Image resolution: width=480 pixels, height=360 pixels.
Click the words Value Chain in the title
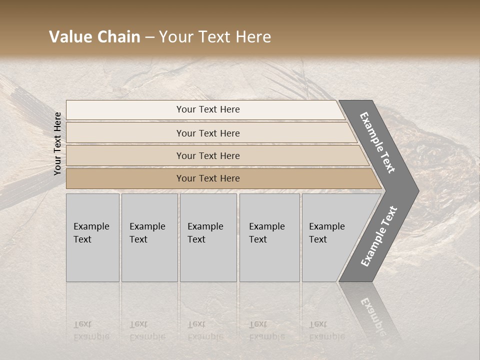click(x=94, y=37)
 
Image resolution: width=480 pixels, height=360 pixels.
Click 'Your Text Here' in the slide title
click(x=215, y=37)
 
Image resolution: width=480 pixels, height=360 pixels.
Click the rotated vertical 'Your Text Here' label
click(x=57, y=143)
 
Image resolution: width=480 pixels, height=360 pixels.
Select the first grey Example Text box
click(x=92, y=237)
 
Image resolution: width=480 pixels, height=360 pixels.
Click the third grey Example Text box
click(x=207, y=237)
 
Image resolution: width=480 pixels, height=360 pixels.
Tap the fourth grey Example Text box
click(x=269, y=237)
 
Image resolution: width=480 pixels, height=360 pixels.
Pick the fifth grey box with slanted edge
click(x=330, y=237)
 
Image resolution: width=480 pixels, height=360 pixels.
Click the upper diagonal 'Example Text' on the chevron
click(x=377, y=142)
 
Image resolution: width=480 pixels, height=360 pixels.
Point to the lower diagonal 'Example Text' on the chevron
click(x=379, y=236)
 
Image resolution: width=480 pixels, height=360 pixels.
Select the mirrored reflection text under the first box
click(x=91, y=330)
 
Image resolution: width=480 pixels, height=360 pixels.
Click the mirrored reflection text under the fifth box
click(x=326, y=330)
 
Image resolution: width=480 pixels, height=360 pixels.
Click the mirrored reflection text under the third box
click(x=205, y=330)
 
